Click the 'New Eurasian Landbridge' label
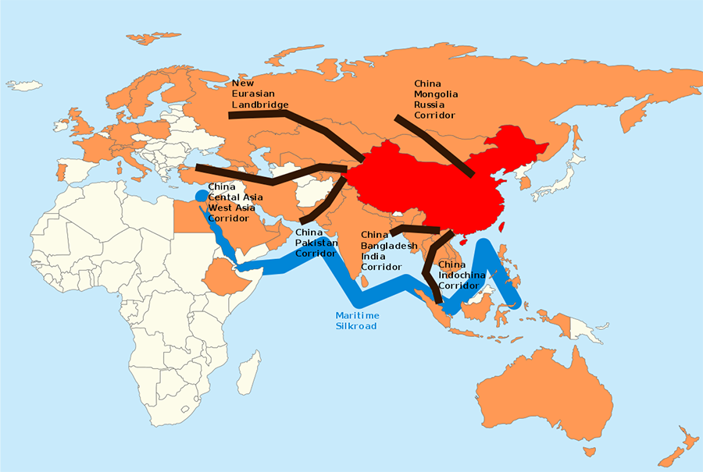pyautogui.click(x=260, y=93)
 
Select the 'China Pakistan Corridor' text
pyautogui.click(x=316, y=243)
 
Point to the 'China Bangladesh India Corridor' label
pyautogui.click(x=389, y=250)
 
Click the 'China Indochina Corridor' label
pyautogui.click(x=462, y=275)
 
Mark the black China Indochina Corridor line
pyautogui.click(x=430, y=269)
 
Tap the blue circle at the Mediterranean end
pyautogui.click(x=202, y=195)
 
